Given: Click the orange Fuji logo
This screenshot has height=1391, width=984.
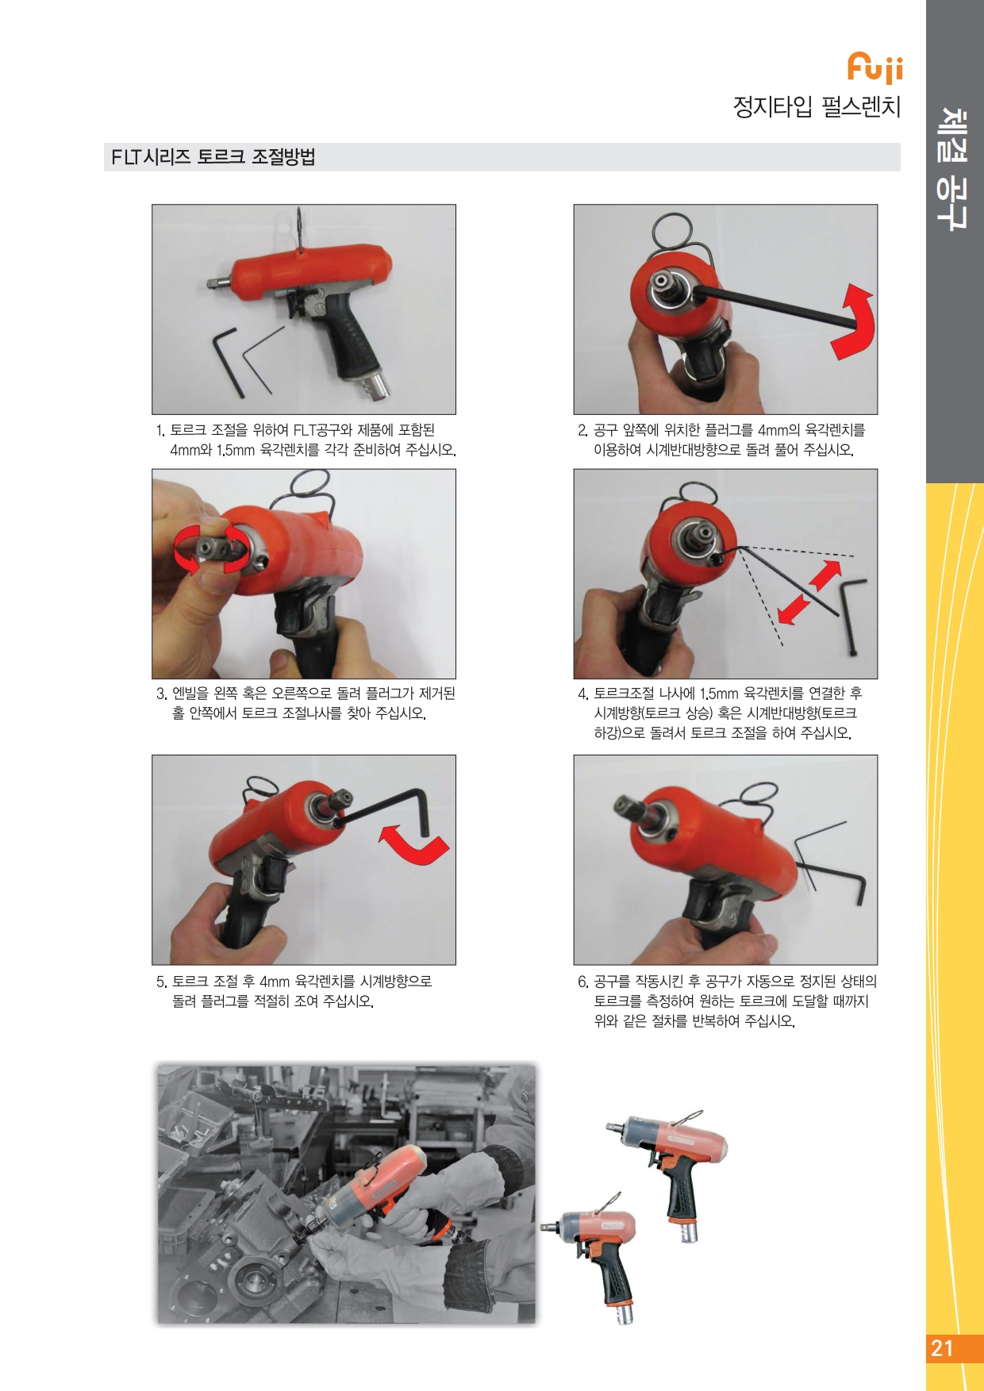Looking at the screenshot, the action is click(x=874, y=68).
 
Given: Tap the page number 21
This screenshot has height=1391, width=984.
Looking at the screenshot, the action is click(x=942, y=1348).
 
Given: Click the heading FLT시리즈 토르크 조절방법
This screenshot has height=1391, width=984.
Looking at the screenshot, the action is click(x=213, y=157).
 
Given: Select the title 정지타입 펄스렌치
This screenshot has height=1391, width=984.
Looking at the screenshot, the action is click(x=817, y=106).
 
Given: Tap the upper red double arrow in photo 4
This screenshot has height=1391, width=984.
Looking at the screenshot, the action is click(x=825, y=575).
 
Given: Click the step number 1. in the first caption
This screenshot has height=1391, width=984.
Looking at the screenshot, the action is click(x=160, y=431).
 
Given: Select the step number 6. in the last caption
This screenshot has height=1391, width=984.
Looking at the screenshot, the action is click(x=583, y=982).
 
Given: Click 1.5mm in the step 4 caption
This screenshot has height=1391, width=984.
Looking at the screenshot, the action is click(x=719, y=694).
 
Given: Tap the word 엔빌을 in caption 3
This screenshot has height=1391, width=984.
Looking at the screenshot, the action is click(x=190, y=694).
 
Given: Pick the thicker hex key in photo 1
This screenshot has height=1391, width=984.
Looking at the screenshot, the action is click(x=227, y=361).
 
